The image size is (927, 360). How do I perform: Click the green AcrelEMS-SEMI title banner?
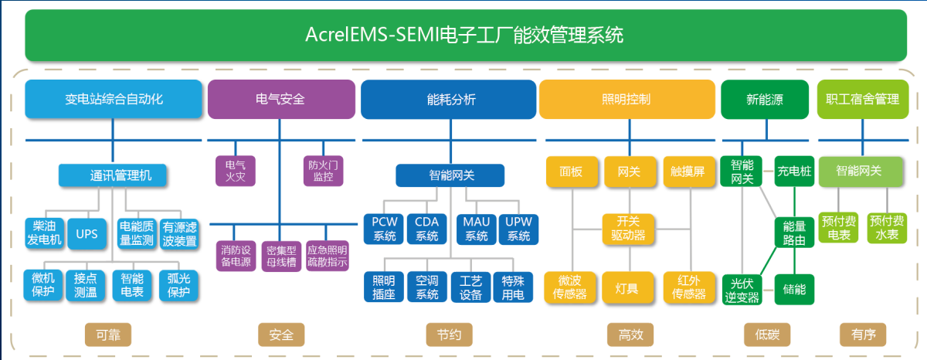click(x=466, y=36)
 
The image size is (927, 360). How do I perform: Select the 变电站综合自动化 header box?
click(x=114, y=99)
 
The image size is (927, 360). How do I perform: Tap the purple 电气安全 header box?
click(x=281, y=99)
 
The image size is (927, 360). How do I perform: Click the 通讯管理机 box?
click(x=113, y=175)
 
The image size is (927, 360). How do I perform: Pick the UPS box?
click(x=87, y=234)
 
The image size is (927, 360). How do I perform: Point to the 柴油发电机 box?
click(x=44, y=233)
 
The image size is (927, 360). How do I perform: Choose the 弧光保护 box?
click(x=178, y=285)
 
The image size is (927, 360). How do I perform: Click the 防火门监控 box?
click(x=323, y=171)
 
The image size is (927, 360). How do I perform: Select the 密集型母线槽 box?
click(x=281, y=256)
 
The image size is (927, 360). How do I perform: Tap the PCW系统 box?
click(x=384, y=229)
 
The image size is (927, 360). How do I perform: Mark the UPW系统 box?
click(x=518, y=229)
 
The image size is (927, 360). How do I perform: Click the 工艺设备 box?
click(x=470, y=287)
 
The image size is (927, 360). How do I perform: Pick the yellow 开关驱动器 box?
click(x=628, y=229)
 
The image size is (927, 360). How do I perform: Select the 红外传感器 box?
click(x=689, y=287)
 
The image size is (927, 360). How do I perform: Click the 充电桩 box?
click(x=794, y=171)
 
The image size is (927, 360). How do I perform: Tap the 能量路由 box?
click(x=794, y=233)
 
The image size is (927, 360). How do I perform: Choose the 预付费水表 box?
click(x=887, y=228)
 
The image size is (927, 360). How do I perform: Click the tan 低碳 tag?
click(x=767, y=335)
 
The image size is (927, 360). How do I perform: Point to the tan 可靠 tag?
click(x=108, y=335)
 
